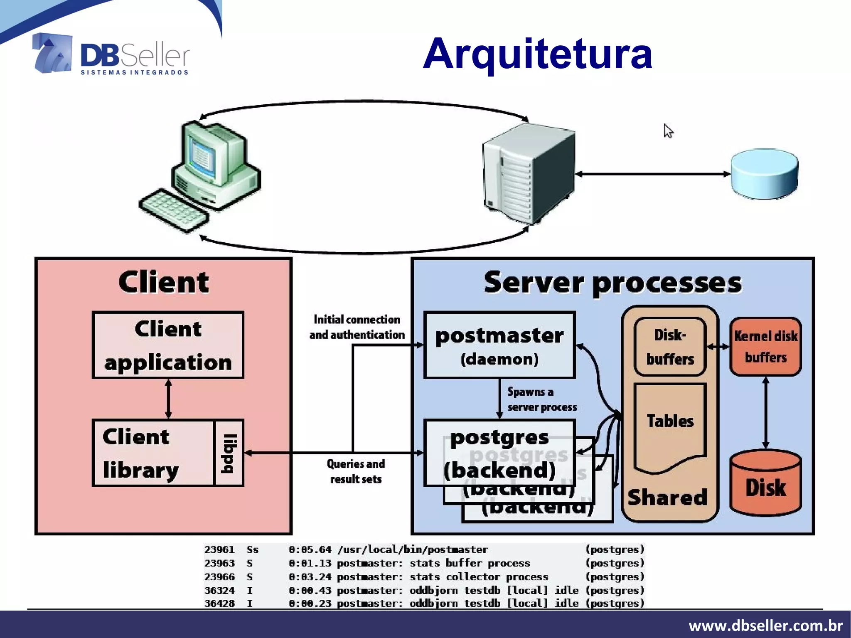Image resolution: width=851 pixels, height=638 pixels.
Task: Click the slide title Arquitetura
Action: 537,54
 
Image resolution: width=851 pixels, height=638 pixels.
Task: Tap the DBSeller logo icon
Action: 53,53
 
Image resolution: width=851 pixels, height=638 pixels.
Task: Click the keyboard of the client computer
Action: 174,210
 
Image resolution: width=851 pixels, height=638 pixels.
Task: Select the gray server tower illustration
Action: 529,173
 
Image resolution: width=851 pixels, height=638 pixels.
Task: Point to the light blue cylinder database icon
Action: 764,174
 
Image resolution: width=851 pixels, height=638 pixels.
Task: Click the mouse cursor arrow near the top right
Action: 667,131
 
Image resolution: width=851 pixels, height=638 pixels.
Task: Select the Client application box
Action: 168,345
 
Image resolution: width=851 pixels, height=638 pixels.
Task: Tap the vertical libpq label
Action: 229,453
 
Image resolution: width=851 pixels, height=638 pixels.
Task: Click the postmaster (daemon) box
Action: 499,345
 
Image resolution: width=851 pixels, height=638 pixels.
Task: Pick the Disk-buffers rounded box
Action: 670,347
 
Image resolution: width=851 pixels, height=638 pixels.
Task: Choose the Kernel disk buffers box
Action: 765,347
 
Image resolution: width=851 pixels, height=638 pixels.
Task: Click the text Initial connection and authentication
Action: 357,327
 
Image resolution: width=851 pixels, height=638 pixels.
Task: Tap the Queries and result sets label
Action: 356,471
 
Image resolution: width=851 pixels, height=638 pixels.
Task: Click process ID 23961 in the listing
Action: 219,549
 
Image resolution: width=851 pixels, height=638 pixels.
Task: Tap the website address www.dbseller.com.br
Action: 765,625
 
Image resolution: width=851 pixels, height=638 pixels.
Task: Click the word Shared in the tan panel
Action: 667,498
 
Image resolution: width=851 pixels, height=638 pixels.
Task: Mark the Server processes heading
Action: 612,283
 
